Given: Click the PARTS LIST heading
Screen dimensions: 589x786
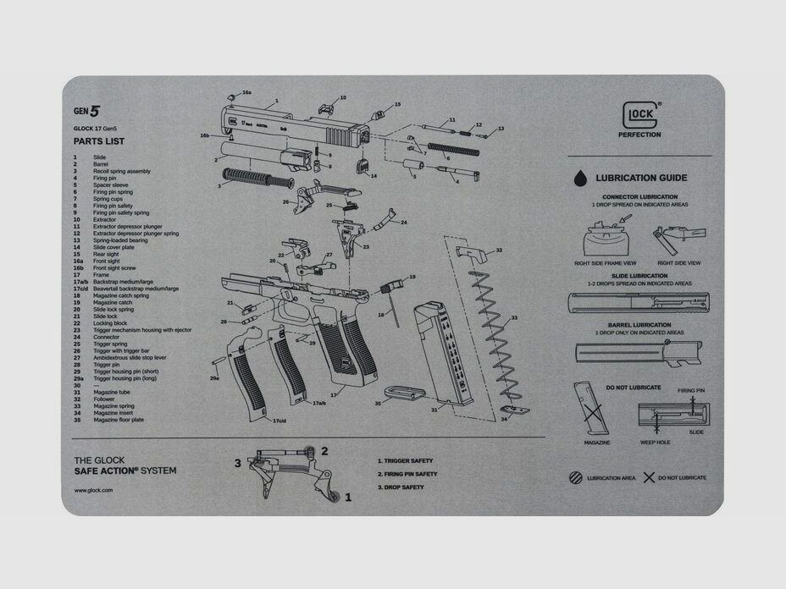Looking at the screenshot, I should click(x=95, y=140).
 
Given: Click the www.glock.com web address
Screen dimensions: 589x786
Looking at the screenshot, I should click(x=93, y=490).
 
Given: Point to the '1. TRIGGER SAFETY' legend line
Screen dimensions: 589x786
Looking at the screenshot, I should click(x=407, y=461).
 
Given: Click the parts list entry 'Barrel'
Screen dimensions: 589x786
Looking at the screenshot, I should click(x=101, y=164).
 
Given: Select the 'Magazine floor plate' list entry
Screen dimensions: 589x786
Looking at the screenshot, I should click(x=118, y=420).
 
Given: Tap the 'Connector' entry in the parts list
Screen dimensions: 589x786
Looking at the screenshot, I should click(x=106, y=337).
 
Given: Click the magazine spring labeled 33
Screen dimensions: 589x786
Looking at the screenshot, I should click(x=498, y=339).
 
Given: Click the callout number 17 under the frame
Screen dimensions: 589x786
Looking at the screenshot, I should click(x=334, y=394).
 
